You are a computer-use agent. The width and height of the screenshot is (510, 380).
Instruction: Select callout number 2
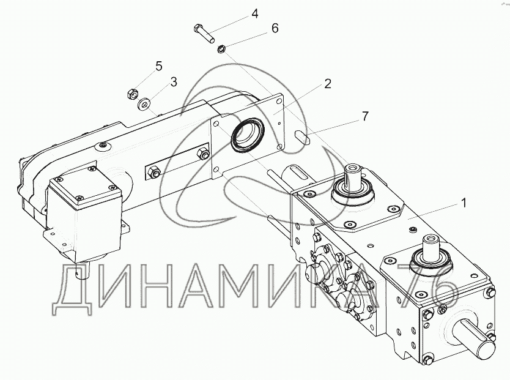(328, 84)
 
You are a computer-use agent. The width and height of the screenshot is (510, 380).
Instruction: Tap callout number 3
(174, 81)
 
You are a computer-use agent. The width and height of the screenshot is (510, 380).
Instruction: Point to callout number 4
(255, 13)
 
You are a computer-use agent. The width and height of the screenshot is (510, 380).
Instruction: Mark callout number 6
(275, 28)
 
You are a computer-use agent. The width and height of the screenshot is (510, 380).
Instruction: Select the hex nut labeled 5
(130, 94)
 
